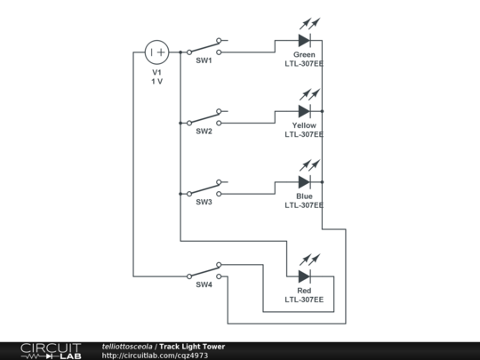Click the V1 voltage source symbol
click(156, 52)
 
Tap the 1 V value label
click(156, 81)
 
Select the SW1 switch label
click(204, 60)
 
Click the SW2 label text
click(204, 131)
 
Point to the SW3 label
click(204, 202)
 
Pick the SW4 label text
click(204, 284)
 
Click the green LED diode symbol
click(304, 40)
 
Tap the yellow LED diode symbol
click(304, 111)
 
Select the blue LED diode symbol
click(304, 182)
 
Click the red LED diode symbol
click(304, 276)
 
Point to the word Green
click(304, 55)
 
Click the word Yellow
click(304, 125)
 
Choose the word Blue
click(304, 196)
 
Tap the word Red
click(304, 291)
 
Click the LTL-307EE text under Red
click(304, 300)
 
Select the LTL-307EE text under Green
click(304, 64)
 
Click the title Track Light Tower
click(192, 347)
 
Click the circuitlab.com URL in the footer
click(156, 356)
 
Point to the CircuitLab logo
click(50, 350)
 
